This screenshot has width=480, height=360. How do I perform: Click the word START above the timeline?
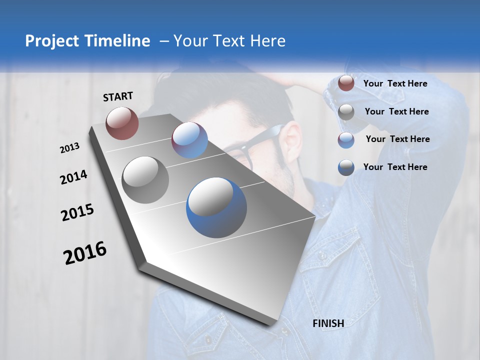(118, 96)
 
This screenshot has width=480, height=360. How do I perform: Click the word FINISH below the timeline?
(328, 323)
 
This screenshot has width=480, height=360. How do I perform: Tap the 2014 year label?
(73, 177)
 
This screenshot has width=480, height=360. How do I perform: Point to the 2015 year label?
(77, 212)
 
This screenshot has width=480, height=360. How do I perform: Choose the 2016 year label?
(85, 252)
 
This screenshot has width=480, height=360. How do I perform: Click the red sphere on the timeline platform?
(122, 123)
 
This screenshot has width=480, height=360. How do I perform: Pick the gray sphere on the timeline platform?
(145, 180)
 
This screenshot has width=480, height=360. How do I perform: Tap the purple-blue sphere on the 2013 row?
(189, 140)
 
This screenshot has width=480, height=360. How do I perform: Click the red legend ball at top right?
(346, 83)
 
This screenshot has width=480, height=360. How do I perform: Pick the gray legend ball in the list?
(346, 112)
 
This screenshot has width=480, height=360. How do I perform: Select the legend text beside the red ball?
(395, 83)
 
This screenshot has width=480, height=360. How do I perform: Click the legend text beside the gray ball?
(396, 111)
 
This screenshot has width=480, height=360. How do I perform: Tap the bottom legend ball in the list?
(346, 167)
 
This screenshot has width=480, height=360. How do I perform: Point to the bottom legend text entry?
(395, 167)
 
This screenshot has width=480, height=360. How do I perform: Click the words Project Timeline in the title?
(87, 41)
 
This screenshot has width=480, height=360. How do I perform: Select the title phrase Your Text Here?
(229, 41)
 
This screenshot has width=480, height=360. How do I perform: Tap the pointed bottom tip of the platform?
(272, 324)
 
